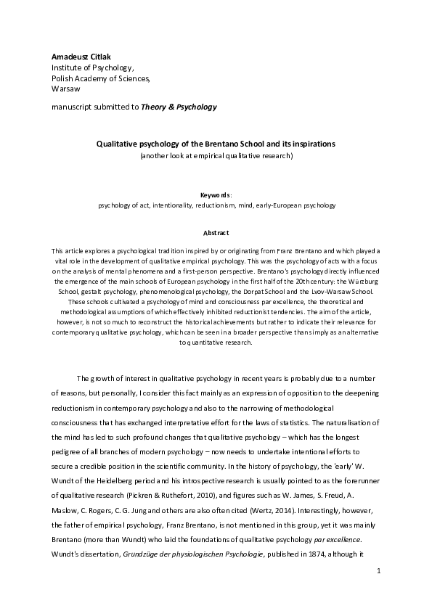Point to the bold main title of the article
(x=216, y=144)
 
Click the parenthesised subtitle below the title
(x=216, y=155)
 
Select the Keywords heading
(x=216, y=194)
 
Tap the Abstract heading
(x=216, y=233)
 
